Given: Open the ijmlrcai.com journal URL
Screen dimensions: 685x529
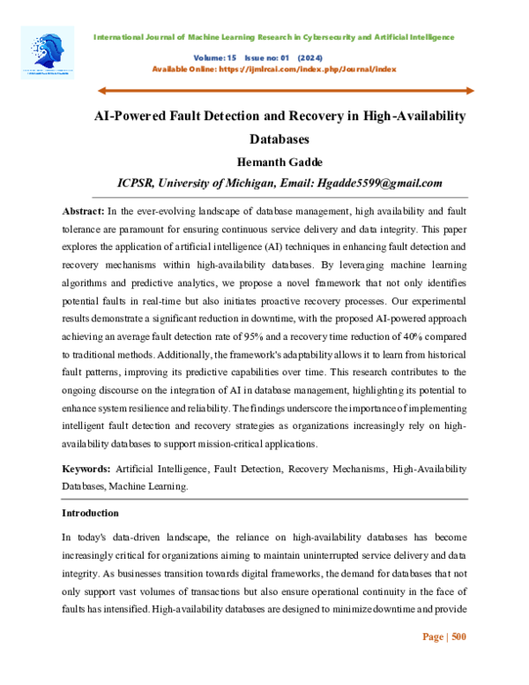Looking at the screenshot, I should coord(303,68).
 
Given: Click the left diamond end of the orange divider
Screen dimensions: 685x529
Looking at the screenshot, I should coord(100,90).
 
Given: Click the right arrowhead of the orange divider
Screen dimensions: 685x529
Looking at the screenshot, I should coord(469,90).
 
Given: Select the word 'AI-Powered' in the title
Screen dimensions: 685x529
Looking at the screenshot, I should coord(131,117).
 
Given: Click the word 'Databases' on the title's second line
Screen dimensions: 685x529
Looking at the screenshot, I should coord(279,139).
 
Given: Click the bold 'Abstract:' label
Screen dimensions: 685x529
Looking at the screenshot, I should coord(83,212).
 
